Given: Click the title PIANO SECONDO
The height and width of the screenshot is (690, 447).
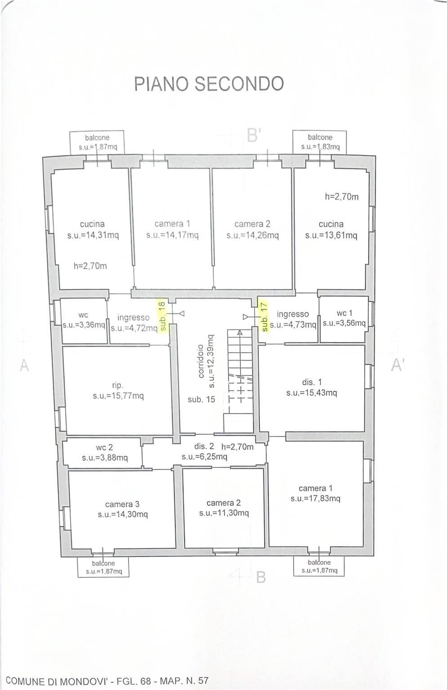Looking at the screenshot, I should [x=209, y=84].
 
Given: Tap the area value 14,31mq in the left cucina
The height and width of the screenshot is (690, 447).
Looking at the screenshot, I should [x=93, y=235].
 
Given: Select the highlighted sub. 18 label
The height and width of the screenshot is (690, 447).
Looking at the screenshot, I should [x=162, y=316].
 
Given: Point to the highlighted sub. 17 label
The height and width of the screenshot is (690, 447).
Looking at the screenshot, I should [x=264, y=317].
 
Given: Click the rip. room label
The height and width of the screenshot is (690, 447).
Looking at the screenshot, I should [x=117, y=385].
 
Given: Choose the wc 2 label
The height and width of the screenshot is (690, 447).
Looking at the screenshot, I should [x=104, y=448].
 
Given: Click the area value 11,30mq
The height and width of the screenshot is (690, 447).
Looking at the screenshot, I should [x=224, y=513].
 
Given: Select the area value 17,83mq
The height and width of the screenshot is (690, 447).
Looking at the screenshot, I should [x=315, y=499].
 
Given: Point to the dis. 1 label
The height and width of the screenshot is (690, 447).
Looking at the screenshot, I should [x=312, y=382].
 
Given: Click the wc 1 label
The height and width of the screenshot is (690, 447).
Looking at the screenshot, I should [x=344, y=313].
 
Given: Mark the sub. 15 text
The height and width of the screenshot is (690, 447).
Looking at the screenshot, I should [x=201, y=399].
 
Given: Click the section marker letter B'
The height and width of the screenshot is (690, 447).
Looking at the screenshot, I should [x=254, y=135].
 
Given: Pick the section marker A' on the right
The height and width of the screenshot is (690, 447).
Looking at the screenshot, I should [x=397, y=365].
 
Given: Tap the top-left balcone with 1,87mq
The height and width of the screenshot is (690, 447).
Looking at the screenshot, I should [x=97, y=142].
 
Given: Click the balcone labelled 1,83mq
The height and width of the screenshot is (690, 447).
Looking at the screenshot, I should [x=320, y=142].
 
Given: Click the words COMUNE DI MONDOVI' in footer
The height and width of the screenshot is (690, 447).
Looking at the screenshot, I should [x=57, y=681].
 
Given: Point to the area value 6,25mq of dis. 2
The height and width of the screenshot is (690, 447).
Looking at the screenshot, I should [x=204, y=457].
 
